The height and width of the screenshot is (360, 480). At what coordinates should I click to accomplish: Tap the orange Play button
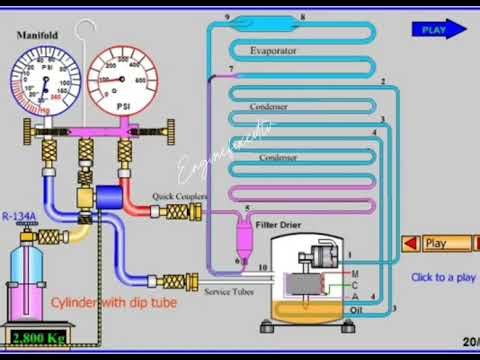click(437, 243)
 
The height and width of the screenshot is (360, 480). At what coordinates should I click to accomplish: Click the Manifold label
click(37, 35)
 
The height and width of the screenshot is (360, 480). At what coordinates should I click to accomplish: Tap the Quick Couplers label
click(181, 197)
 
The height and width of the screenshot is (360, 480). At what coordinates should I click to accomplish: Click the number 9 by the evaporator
click(228, 17)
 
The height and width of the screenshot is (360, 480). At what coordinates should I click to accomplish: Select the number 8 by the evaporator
click(303, 17)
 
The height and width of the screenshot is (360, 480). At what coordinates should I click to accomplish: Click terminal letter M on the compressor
click(354, 273)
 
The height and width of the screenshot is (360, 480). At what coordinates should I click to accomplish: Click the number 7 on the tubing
click(232, 69)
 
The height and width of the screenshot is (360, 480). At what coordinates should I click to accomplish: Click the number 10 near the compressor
click(262, 269)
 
